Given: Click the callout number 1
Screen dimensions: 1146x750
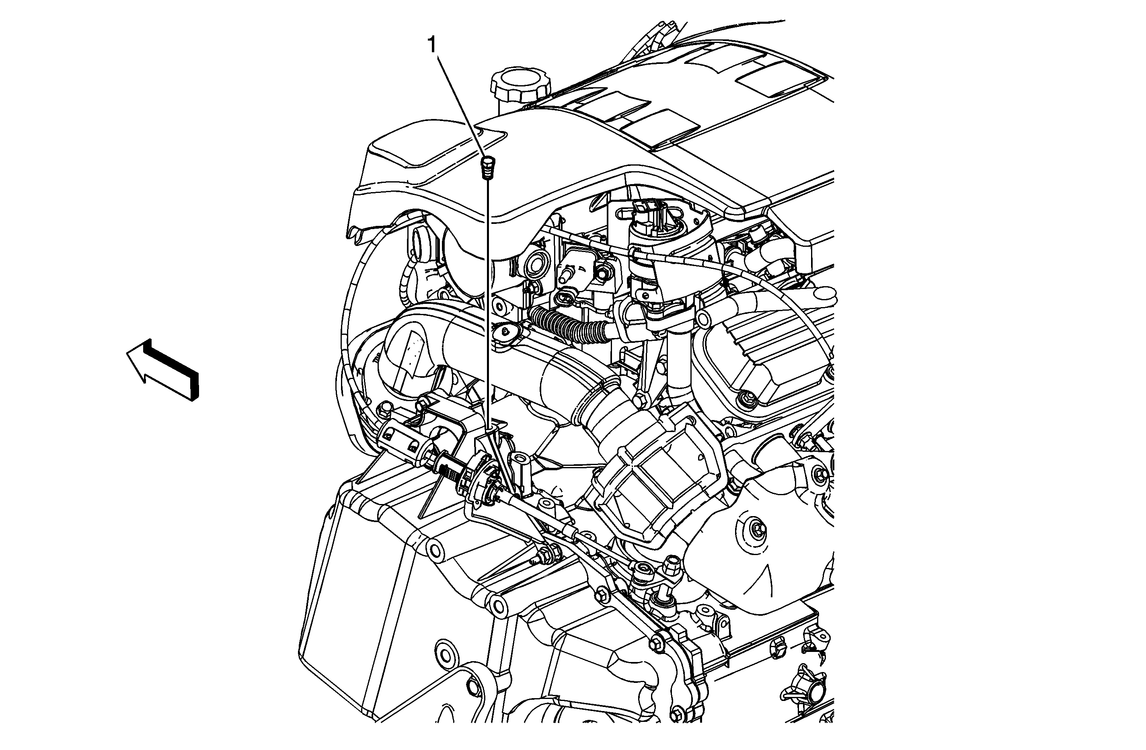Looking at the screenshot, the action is pos(432,46).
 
